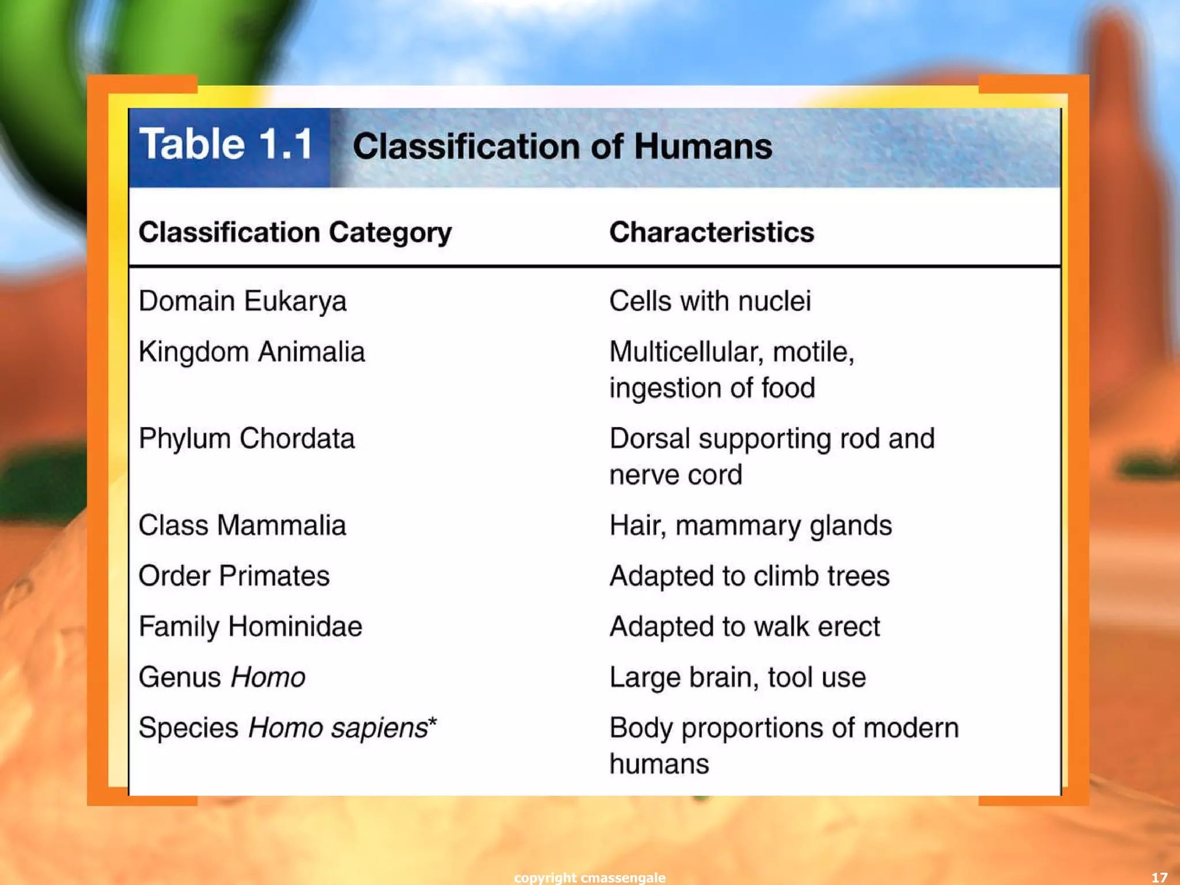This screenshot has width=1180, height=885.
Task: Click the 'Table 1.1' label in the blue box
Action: [226, 144]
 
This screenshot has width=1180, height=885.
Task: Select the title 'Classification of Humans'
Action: [562, 146]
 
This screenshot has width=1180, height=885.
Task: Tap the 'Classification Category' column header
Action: [295, 233]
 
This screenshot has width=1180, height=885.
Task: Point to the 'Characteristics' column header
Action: [712, 233]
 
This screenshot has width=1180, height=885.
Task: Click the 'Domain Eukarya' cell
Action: [243, 301]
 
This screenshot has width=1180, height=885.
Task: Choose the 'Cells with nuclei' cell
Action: [710, 301]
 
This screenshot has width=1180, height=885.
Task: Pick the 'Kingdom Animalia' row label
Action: [252, 352]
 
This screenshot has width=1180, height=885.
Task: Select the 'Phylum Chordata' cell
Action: [247, 439]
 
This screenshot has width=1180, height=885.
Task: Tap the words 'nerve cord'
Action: [676, 475]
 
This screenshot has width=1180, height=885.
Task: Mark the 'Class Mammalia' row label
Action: [242, 525]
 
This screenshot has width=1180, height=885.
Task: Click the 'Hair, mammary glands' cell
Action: [751, 525]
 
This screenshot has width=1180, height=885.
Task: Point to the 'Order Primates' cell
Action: [234, 576]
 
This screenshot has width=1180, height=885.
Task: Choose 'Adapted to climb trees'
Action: [750, 576]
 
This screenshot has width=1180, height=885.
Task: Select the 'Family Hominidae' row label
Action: [251, 627]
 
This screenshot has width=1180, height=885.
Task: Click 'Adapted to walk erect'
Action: [745, 627]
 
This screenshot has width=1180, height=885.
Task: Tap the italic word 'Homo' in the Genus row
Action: [268, 678]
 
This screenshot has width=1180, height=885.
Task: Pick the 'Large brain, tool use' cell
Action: [737, 678]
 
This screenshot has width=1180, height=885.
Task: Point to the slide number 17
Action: [1159, 878]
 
